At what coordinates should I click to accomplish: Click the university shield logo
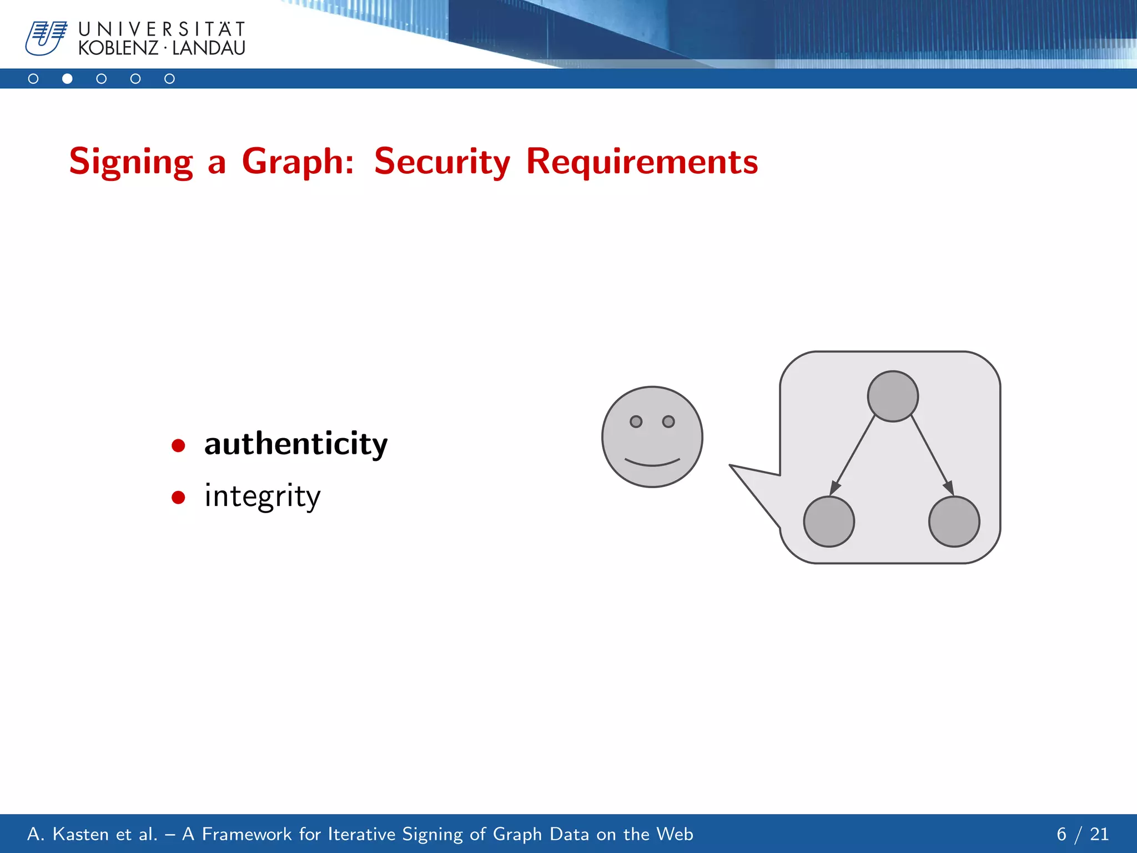pos(46,38)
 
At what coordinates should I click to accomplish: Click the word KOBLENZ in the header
pos(118,48)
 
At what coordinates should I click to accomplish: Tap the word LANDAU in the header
pos(209,48)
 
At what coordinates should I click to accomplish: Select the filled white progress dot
pos(67,79)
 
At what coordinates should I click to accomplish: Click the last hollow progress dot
pos(169,79)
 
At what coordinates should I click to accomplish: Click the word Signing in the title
pos(131,162)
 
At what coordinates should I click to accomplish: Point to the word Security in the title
pos(442,162)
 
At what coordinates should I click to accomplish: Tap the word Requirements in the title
pos(642,162)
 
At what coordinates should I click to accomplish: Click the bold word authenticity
pos(296,444)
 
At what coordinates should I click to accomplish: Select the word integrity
pos(262,496)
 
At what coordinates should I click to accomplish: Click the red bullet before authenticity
pos(178,445)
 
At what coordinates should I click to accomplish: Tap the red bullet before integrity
pos(178,497)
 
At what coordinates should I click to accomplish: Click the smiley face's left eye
pos(636,422)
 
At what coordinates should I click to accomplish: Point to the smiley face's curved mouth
pos(652,463)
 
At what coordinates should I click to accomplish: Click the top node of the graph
pos(893,397)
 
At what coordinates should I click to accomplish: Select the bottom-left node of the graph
pos(829,521)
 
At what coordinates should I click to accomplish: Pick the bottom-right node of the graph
pos(954,521)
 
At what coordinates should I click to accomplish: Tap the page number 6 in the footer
pos(1061,834)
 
